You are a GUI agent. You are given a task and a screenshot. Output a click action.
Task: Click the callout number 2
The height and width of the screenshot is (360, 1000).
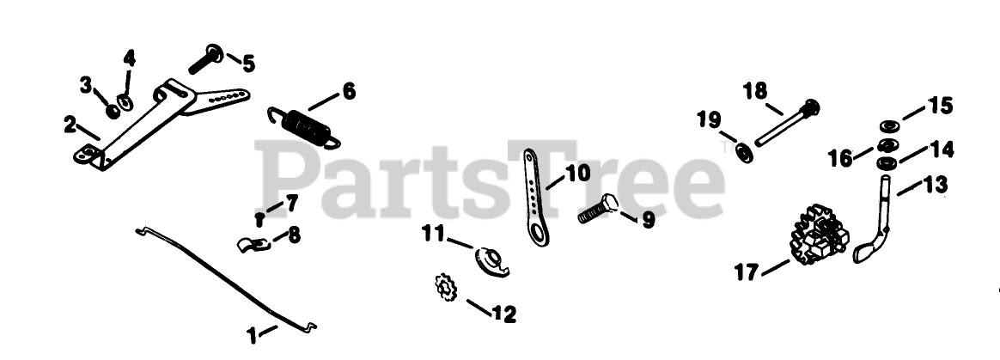pos(70,125)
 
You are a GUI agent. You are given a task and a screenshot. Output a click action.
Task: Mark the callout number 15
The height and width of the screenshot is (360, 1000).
pos(941,107)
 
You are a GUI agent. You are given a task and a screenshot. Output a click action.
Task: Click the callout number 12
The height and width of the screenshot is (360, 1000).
pos(504,314)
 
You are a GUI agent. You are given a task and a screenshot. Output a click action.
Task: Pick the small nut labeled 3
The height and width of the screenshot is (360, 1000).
pos(113,111)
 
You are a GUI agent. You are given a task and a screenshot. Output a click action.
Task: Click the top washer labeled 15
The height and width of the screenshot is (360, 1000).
pos(889,123)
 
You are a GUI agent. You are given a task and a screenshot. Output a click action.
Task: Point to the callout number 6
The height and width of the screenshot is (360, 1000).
pos(348,91)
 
